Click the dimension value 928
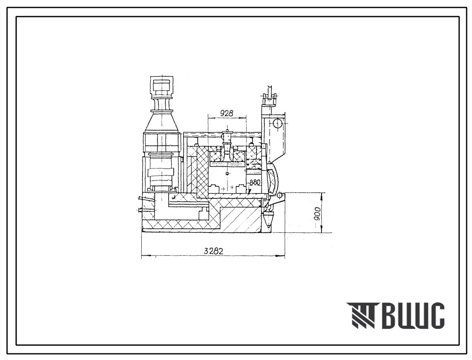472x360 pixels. point(227,113)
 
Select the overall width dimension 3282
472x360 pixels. point(213,251)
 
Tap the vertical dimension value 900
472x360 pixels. point(316,214)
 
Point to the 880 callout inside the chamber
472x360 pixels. point(255,182)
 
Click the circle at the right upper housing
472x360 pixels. point(278,123)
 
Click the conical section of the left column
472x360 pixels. point(162,122)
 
